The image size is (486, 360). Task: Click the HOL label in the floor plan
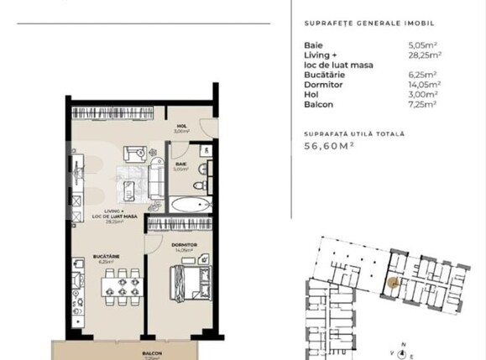181,128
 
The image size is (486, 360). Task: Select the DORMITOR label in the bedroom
184,246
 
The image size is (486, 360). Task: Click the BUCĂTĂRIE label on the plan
104,258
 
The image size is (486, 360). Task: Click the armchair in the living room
134,154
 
